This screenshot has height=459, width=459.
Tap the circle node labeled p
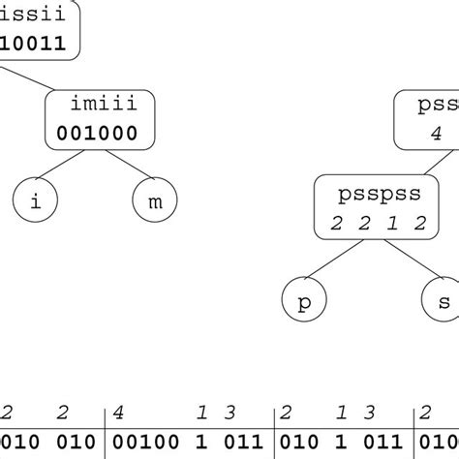tap(304, 301)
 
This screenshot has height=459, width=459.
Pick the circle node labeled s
tap(443, 301)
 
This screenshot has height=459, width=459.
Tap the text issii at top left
tap(29, 17)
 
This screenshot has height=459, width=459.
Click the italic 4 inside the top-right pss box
tap(436, 135)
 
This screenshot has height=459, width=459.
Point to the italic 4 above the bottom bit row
tap(119, 413)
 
